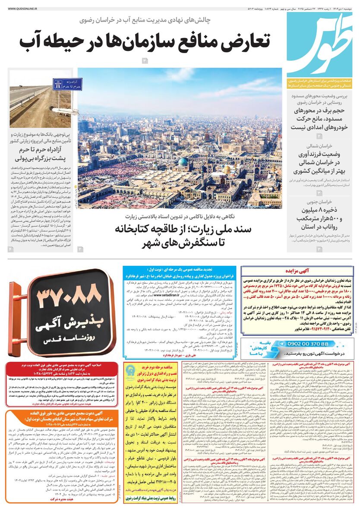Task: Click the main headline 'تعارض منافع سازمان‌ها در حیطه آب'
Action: (x=145, y=42)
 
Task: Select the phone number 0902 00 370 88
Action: (x=309, y=344)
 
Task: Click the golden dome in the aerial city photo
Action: (x=226, y=169)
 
